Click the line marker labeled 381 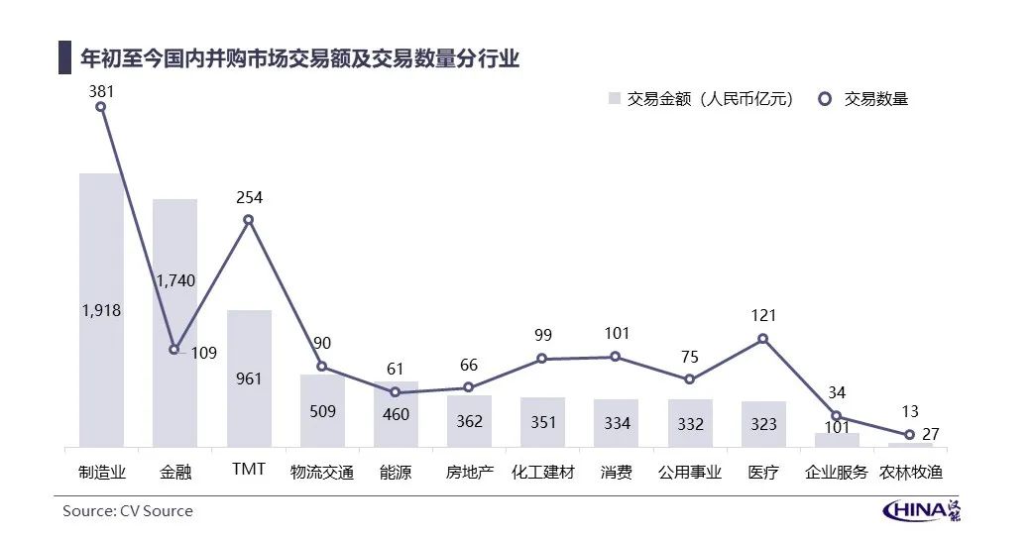click(101, 107)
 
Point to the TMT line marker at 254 click(249, 220)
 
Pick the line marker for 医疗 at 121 click(763, 339)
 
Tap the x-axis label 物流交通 click(321, 472)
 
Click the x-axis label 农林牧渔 click(910, 472)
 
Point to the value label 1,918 click(101, 310)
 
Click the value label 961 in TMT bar click(249, 378)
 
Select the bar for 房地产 click(469, 421)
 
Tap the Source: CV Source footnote click(128, 511)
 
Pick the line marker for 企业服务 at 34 click(837, 416)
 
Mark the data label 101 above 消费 click(616, 334)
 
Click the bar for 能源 click(396, 414)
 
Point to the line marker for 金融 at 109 click(174, 349)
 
